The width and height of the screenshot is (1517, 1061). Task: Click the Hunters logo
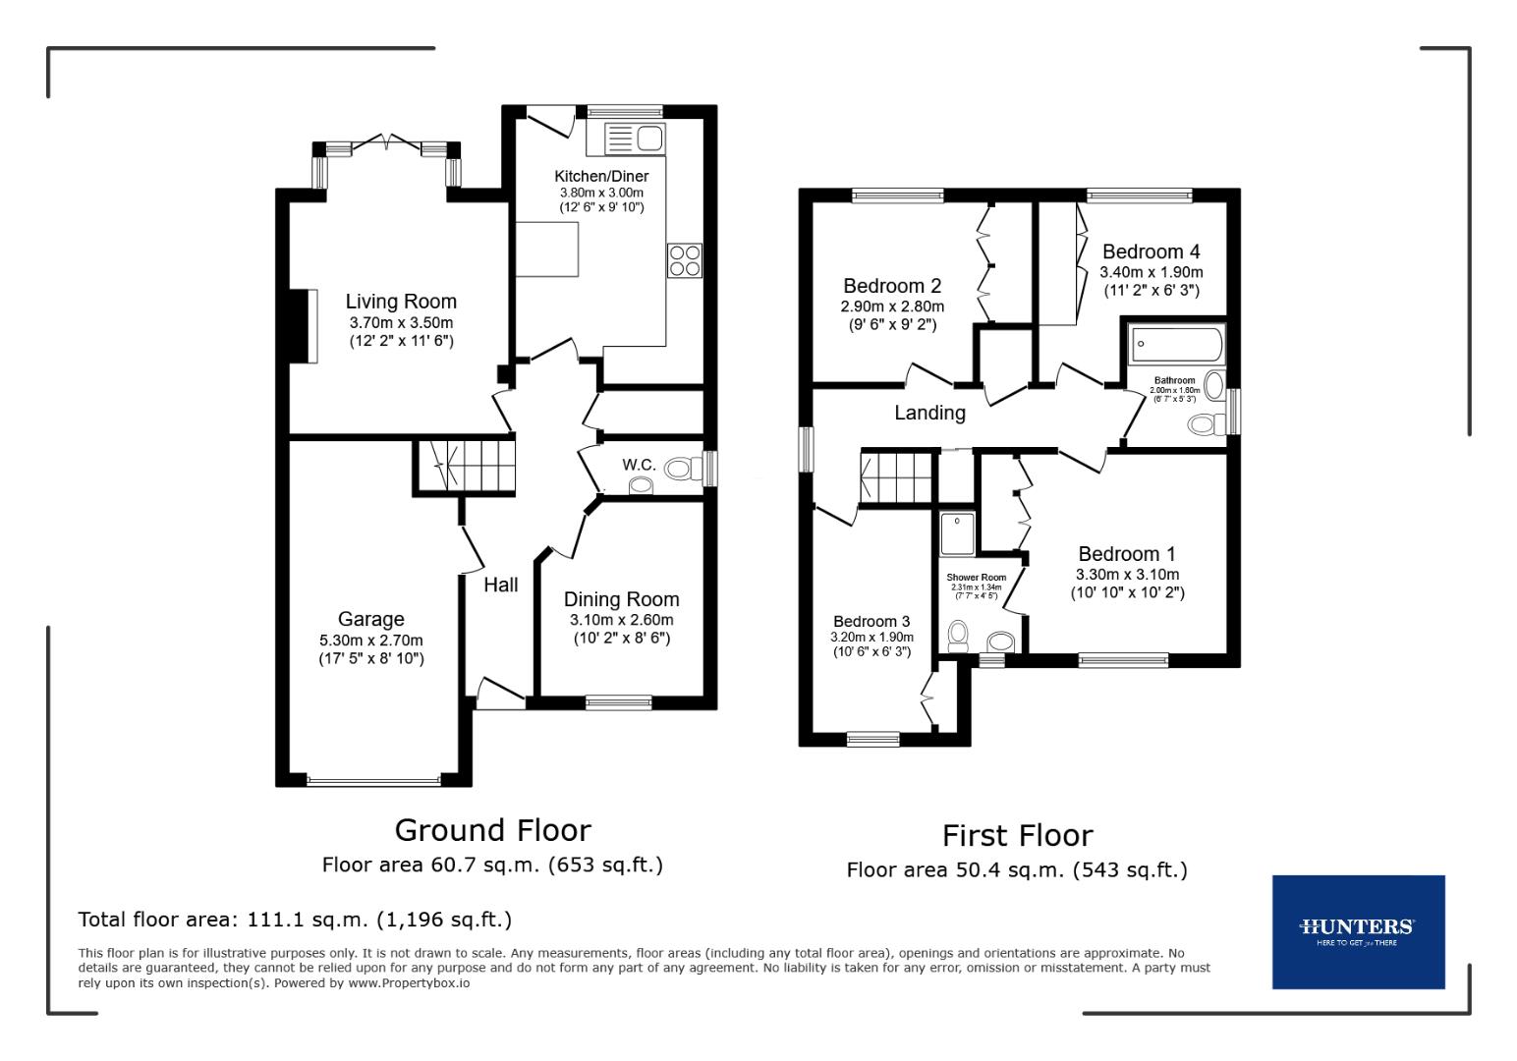pos(1357,930)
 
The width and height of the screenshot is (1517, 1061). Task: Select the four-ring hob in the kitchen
pos(685,259)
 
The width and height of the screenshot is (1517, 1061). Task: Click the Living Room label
pos(401,302)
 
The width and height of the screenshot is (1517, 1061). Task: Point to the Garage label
pos(370,619)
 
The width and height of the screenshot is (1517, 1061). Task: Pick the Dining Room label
pos(621,599)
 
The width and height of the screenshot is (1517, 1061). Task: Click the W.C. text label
pos(639,464)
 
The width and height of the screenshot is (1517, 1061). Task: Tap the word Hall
pos(501,586)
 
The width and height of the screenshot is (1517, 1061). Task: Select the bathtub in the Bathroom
pos(1176,345)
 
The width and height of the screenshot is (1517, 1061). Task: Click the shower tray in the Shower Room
pos(957,532)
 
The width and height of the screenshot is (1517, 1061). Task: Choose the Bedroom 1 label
pos(1126,554)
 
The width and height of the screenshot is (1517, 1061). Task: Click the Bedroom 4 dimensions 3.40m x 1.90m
pos(1151,272)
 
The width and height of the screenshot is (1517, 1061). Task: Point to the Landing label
pos(929,413)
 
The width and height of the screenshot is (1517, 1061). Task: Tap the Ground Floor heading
pos(492,830)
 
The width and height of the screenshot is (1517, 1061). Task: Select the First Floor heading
pos(1017,836)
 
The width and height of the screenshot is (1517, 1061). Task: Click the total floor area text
pos(295,920)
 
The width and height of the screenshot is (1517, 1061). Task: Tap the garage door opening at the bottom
pos(373,782)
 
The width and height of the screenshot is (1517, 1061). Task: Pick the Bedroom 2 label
pos(892,286)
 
